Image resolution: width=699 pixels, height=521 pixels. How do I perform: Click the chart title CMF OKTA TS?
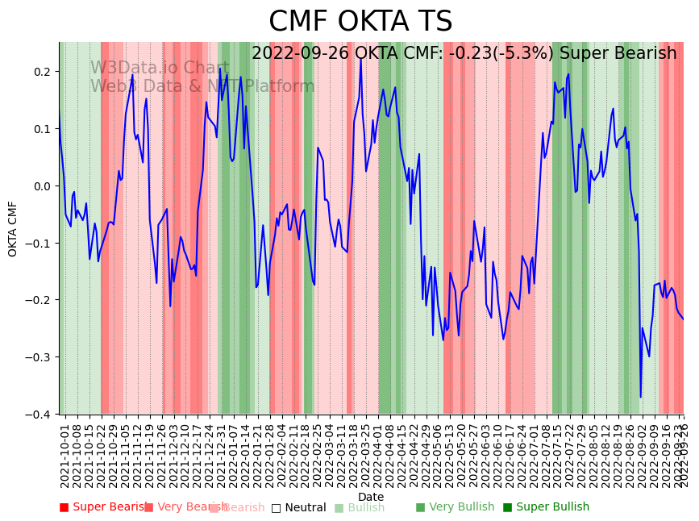(360, 22)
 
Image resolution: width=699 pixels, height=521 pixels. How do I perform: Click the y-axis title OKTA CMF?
(13, 229)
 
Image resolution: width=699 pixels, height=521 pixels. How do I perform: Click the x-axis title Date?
(371, 497)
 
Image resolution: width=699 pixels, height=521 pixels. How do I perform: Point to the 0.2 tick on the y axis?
(41, 72)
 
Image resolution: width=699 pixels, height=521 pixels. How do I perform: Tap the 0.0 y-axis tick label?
(41, 186)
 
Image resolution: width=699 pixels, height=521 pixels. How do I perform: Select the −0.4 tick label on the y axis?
(39, 415)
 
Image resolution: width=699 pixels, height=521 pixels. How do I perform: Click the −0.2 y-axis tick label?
(39, 300)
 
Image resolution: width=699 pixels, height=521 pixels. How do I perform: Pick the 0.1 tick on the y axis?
(41, 129)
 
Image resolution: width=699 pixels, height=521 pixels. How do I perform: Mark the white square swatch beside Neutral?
(276, 508)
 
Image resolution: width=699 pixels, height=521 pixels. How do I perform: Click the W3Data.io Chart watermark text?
(160, 69)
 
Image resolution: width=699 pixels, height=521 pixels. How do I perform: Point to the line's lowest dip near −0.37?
(641, 397)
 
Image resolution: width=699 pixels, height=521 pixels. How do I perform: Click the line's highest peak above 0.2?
(360, 58)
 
